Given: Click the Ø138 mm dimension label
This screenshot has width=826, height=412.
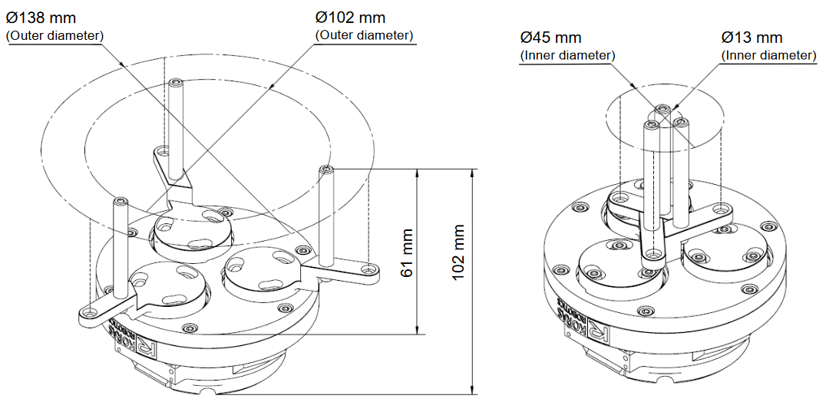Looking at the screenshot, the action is pos(41,18).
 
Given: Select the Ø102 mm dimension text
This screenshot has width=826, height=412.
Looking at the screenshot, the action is pos(350,18).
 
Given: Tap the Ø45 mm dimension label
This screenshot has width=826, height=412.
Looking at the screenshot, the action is pos(550,38).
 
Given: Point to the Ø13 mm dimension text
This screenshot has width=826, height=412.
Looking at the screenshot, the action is pos(752,38).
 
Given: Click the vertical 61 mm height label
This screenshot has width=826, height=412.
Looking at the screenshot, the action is pos(406,253).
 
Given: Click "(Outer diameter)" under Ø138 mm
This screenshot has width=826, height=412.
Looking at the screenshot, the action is pos(55,36).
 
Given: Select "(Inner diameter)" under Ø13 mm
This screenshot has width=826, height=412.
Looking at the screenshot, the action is pos(768,54).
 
